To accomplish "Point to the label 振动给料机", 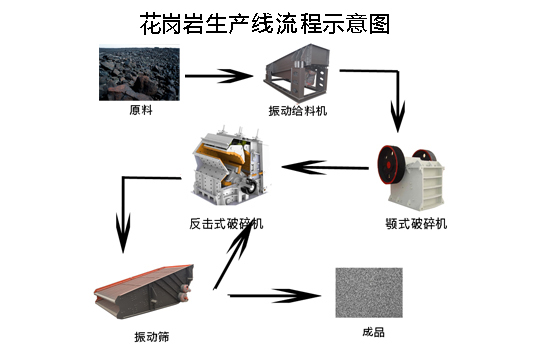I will (x=298, y=108).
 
